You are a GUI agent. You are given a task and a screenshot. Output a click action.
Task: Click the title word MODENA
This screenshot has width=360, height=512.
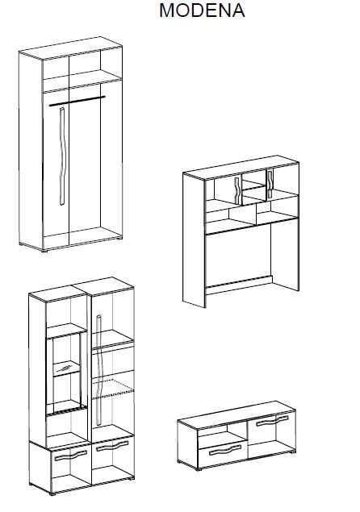pyautogui.click(x=202, y=10)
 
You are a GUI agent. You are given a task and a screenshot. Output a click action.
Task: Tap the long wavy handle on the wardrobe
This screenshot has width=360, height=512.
pyautogui.click(x=62, y=156)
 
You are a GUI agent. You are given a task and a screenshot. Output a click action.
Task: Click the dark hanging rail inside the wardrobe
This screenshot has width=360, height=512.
pyautogui.click(x=77, y=101)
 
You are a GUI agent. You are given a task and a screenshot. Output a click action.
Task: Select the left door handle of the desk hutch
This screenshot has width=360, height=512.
pyautogui.click(x=237, y=190)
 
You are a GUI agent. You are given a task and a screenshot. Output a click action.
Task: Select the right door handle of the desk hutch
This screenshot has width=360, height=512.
pyautogui.click(x=270, y=184)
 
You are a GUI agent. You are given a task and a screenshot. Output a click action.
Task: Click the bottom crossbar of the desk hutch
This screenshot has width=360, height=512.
pyautogui.click(x=239, y=285)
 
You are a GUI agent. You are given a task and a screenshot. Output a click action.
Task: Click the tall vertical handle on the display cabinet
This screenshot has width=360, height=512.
pyautogui.click(x=99, y=370)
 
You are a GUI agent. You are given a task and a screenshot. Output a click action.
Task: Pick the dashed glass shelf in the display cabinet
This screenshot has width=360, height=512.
pyautogui.click(x=113, y=389)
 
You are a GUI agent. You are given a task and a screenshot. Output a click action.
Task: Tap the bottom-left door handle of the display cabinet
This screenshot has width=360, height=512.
pyautogui.click(x=70, y=456)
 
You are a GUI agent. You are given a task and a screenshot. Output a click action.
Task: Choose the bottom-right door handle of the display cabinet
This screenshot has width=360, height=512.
pyautogui.click(x=112, y=445)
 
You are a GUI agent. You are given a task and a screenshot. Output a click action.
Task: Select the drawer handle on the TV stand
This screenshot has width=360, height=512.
pyautogui.click(x=225, y=450)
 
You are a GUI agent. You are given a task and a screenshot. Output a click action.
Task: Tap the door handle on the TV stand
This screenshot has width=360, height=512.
pyautogui.click(x=272, y=421)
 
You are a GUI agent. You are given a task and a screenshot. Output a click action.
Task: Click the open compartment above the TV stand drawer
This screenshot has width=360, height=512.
pyautogui.click(x=222, y=434)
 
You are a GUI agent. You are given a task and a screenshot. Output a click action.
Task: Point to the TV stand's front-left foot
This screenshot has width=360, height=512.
pyautogui.click(x=198, y=469)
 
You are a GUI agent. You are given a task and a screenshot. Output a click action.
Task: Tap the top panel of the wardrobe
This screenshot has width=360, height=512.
pyautogui.click(x=70, y=48)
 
